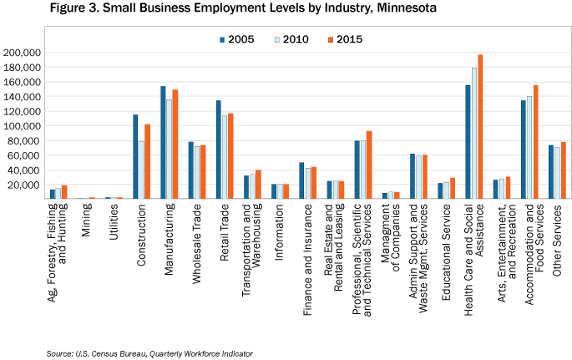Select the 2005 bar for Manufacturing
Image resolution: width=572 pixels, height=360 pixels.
pos(163,143)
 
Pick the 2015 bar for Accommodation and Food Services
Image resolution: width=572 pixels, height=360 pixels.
pos(535,143)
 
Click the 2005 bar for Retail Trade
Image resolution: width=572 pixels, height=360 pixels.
pos(218,150)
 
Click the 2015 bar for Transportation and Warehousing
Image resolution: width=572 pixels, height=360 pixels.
pos(260,185)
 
